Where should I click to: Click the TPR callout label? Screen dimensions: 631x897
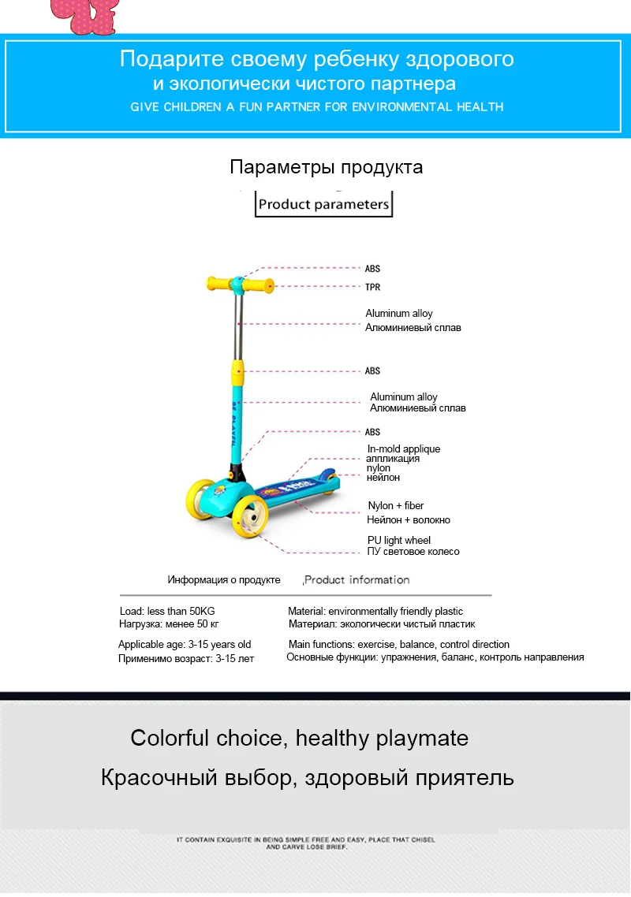tap(373, 287)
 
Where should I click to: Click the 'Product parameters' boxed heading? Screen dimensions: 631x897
tap(323, 204)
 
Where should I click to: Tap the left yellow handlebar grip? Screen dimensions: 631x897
tap(218, 283)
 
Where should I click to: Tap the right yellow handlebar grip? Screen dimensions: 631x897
tap(260, 285)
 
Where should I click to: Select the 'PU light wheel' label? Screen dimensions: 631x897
tap(399, 540)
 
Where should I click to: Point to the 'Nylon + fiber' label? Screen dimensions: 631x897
tap(396, 506)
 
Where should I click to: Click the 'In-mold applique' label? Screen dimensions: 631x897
tap(404, 449)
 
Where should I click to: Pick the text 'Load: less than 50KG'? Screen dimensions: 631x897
tap(167, 611)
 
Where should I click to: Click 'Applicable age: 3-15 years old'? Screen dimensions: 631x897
tap(185, 644)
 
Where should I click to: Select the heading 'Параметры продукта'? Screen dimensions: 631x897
tap(327, 167)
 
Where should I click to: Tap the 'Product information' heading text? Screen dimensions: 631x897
tap(357, 579)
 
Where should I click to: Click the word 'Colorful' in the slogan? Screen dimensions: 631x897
tap(170, 738)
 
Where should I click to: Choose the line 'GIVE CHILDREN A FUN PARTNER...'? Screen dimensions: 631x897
tap(316, 107)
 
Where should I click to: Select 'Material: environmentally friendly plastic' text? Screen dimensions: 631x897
tap(375, 611)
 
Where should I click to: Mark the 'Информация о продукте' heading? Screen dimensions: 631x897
tap(224, 579)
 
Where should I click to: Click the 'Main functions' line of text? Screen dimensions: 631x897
tap(398, 644)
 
